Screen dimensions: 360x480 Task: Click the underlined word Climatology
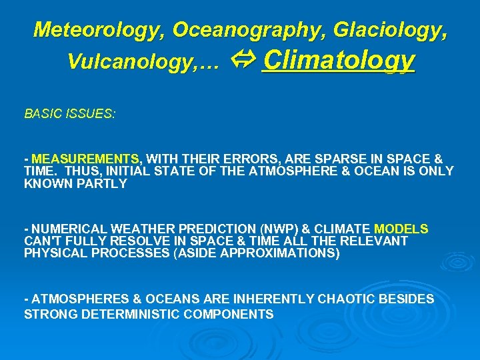pyautogui.click(x=339, y=61)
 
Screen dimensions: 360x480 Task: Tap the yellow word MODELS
pyautogui.click(x=401, y=229)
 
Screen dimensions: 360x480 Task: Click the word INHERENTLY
pyautogui.click(x=267, y=299)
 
